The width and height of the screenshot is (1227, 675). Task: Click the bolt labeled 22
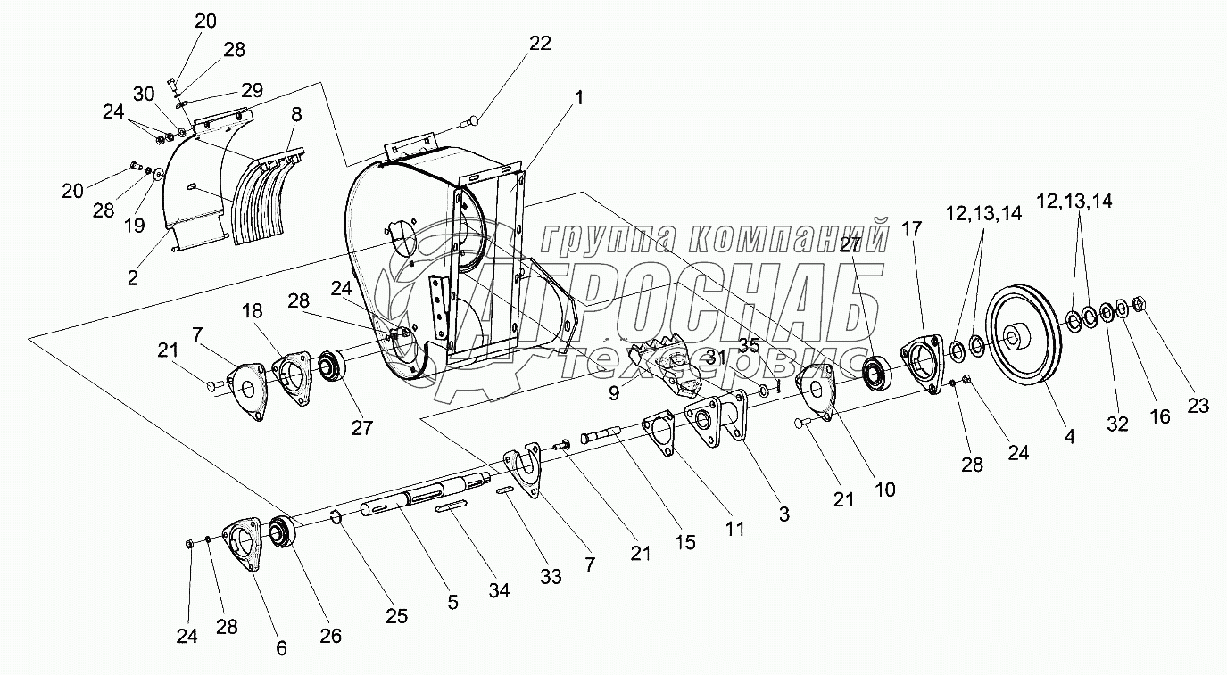pos(474,119)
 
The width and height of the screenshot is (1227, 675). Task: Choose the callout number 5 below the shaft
pos(452,602)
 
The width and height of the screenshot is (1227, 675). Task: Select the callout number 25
pos(396,615)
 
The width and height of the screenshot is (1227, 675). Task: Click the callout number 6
pos(281,648)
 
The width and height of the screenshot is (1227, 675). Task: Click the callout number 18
pos(252,310)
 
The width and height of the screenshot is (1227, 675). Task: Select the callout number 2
pos(133,277)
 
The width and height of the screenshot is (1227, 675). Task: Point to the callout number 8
pos(295,113)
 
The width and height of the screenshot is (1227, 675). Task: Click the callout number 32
pos(1117,424)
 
